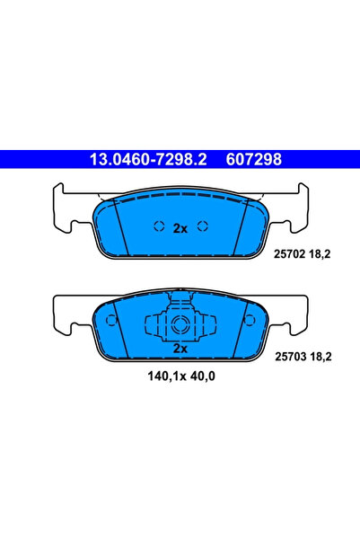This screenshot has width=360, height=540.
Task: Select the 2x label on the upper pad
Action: pyautogui.click(x=180, y=228)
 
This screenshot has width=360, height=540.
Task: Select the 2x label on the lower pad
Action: pyautogui.click(x=180, y=347)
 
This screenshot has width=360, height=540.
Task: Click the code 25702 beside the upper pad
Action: pyautogui.click(x=285, y=254)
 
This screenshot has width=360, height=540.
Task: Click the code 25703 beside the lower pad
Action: pyautogui.click(x=285, y=357)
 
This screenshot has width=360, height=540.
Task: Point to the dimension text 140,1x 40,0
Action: pyautogui.click(x=180, y=376)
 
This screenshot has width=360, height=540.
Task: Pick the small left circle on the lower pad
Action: pyautogui.click(x=111, y=320)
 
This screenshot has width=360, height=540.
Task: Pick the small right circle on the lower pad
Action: pyautogui.click(x=248, y=320)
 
